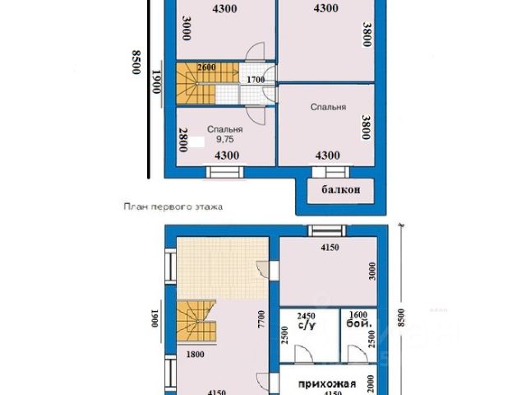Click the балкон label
[x=341, y=190]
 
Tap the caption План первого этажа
[x=173, y=207]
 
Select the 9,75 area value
[x=224, y=139]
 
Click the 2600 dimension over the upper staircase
[x=206, y=67]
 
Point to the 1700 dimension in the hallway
[x=256, y=80]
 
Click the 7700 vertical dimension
[x=261, y=319]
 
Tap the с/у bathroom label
[x=307, y=325]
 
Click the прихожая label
[x=327, y=383]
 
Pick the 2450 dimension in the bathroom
[x=306, y=316]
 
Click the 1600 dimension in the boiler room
[x=358, y=314]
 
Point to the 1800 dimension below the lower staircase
[x=196, y=355]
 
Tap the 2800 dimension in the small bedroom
[x=183, y=139]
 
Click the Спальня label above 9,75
[x=224, y=129]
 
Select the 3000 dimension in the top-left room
[x=187, y=28]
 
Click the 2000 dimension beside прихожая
[x=371, y=383]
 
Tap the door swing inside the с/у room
[x=303, y=353]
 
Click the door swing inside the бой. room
[x=356, y=354]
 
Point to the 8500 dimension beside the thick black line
[x=136, y=63]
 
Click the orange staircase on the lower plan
[x=196, y=321]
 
